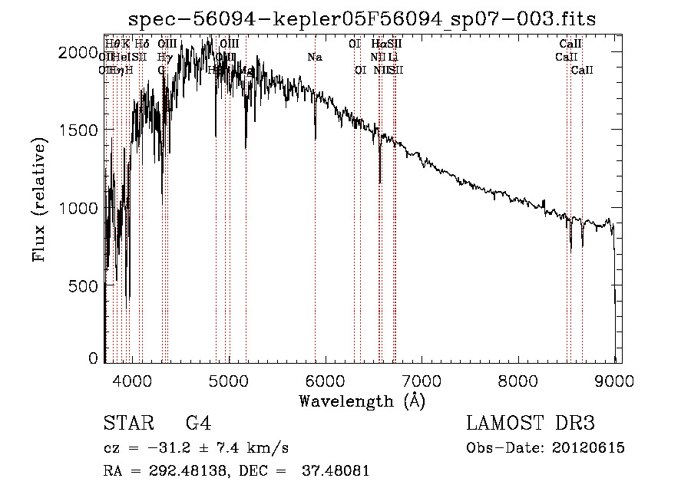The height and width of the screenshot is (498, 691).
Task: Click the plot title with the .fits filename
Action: pos(362,18)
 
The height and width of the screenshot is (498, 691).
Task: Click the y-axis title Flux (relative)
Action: pos(39,201)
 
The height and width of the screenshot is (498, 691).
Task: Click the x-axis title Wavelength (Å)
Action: pos(362,401)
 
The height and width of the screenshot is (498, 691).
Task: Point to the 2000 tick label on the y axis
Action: pos(80,51)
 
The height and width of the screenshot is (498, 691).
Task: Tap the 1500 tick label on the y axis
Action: pos(80,130)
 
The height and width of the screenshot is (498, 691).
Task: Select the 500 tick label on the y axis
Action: pos(85,285)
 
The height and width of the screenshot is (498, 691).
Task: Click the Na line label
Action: pos(315,57)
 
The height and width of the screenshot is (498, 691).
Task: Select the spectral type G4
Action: pos(198,424)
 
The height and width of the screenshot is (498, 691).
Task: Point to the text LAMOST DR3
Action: pos(531,424)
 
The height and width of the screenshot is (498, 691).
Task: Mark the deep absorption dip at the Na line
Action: pos(316,137)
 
